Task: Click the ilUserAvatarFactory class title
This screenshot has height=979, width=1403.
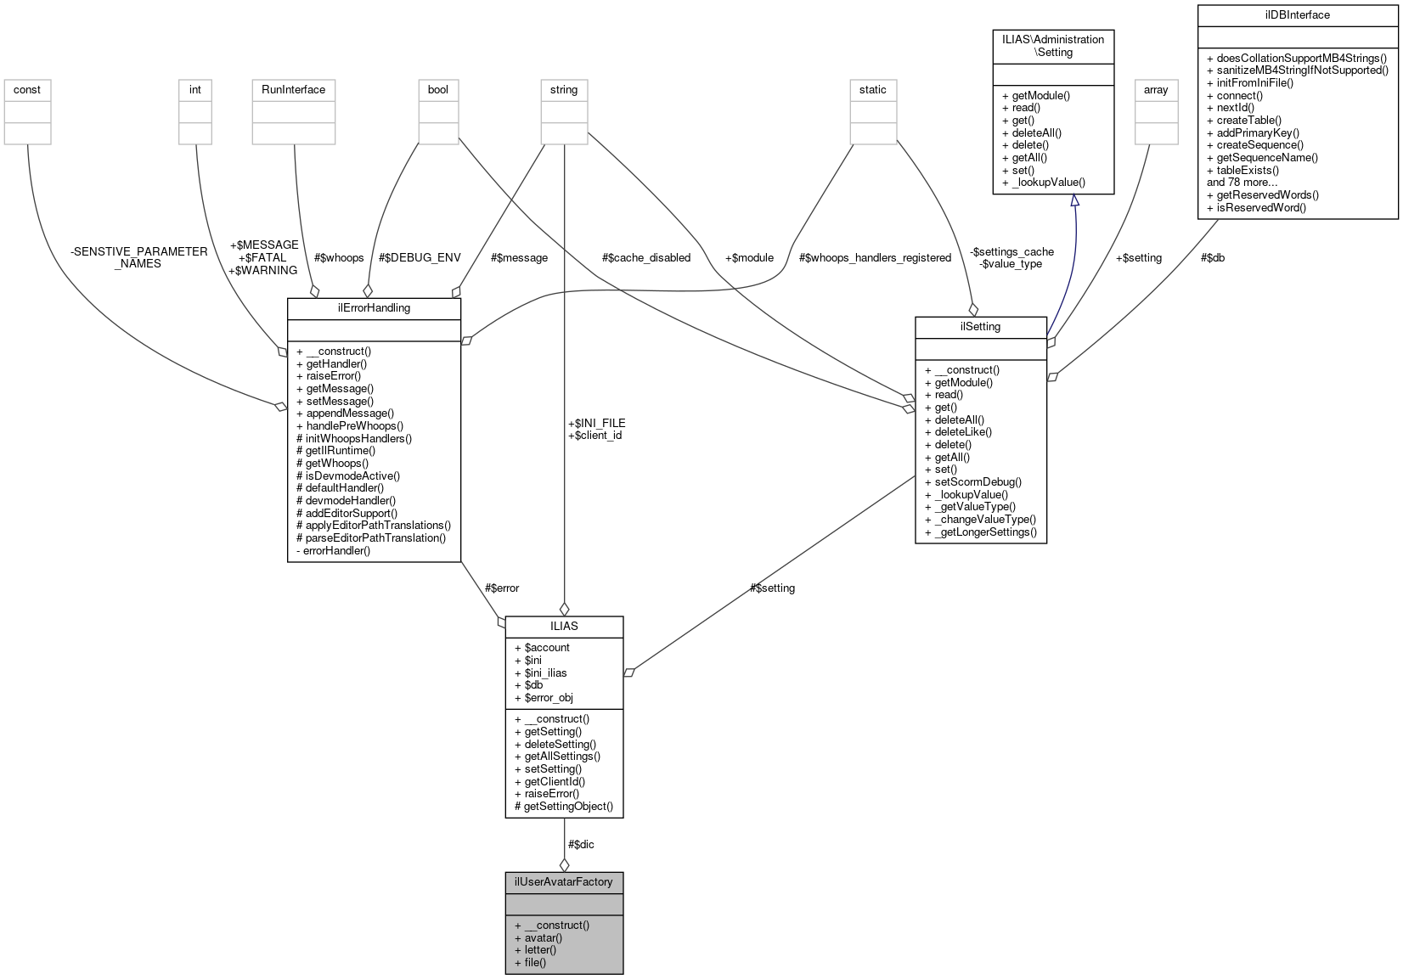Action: (564, 881)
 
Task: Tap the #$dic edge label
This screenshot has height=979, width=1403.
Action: (581, 844)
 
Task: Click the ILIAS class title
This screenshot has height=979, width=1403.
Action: (564, 626)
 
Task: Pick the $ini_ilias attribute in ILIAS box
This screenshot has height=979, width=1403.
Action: (545, 672)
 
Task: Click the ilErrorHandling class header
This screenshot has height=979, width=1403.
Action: (374, 307)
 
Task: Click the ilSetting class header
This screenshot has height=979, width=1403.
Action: (980, 326)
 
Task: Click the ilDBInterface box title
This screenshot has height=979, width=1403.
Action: (1297, 14)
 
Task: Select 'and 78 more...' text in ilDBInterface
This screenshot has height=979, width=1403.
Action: (1242, 182)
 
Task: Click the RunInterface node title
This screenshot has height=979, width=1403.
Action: (293, 89)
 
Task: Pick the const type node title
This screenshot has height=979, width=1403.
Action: (27, 89)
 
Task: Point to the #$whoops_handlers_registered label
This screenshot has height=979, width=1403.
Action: (875, 257)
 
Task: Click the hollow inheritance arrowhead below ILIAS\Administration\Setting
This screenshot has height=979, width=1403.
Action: (1074, 201)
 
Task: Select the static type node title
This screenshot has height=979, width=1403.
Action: (872, 89)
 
